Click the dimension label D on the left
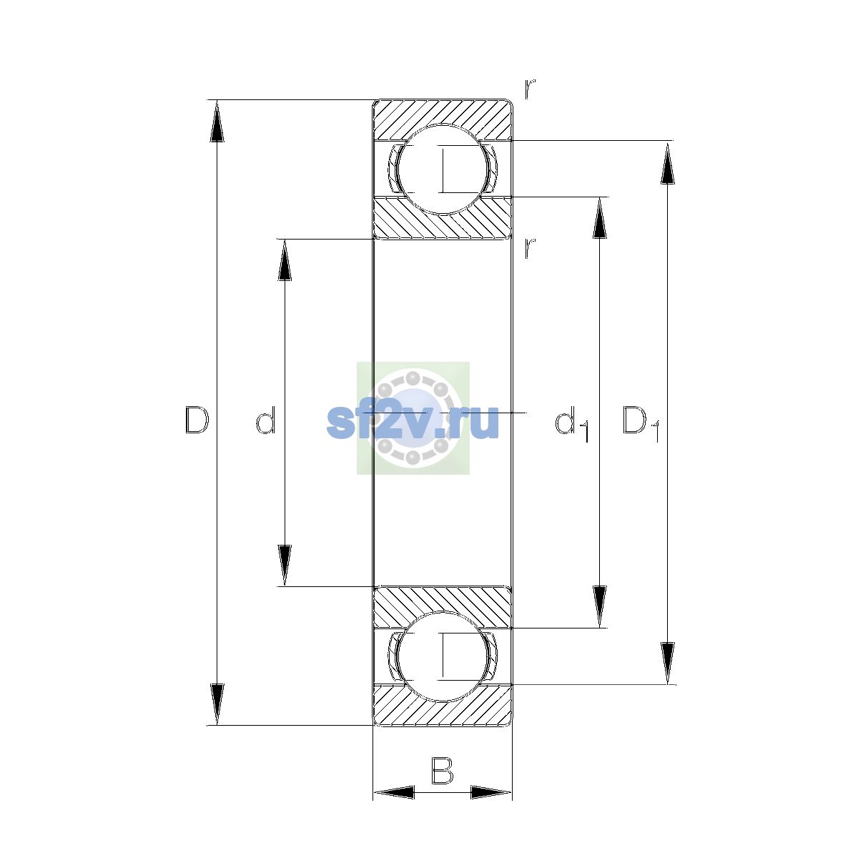[197, 420]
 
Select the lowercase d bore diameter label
[266, 420]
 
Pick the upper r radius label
[530, 89]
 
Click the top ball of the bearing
[442, 169]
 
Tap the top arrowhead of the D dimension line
[217, 121]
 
